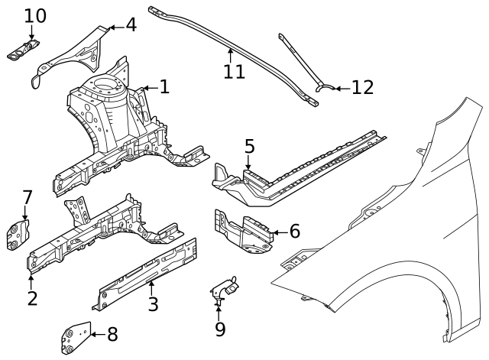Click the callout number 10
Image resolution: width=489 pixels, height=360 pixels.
click(34, 15)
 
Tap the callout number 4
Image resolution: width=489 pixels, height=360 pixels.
click(131, 24)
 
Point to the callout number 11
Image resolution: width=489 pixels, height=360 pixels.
click(234, 71)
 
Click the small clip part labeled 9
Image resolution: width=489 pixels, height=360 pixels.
click(222, 288)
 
